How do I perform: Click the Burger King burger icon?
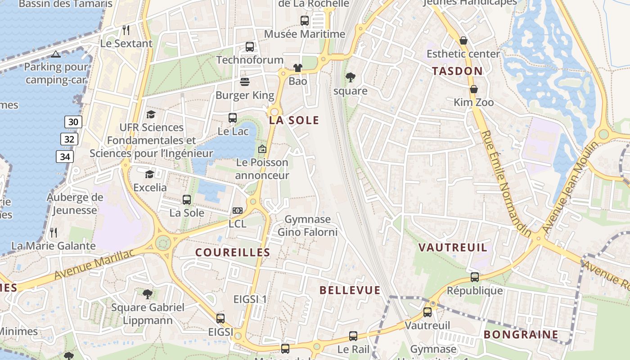coord(245,81)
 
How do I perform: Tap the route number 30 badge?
coord(73,121)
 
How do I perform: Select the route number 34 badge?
coord(65,157)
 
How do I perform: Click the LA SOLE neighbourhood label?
coord(294,120)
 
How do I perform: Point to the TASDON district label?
coord(457,71)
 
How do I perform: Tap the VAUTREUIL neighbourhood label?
coord(453,247)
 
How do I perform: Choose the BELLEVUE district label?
coord(350,290)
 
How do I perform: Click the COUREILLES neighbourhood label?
coord(233,252)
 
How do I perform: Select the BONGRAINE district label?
coord(521,334)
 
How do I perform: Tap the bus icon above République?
coord(475,277)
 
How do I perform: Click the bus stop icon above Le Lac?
coord(233,118)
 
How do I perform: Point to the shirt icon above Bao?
coord(298,68)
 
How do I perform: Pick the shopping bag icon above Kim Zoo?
coord(473,89)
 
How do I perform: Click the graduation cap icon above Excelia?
coord(149,174)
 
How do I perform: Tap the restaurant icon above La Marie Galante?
coord(54,232)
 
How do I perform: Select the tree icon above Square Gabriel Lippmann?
coord(147,294)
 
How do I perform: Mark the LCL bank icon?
coord(238,210)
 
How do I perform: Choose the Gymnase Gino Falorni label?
coord(307,226)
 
